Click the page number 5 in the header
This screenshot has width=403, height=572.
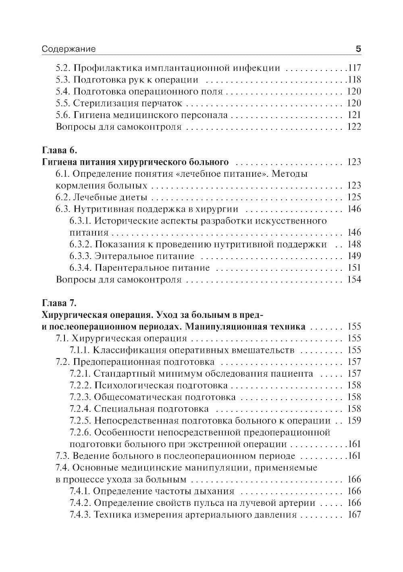[x=358, y=49]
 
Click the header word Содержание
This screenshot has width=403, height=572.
[x=69, y=49]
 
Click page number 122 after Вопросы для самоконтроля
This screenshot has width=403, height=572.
[x=353, y=127]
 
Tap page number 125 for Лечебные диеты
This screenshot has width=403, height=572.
[x=353, y=197]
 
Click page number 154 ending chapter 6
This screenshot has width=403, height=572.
[x=353, y=280]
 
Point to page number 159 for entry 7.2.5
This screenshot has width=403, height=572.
[x=353, y=421]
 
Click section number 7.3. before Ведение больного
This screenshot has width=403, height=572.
[x=63, y=456]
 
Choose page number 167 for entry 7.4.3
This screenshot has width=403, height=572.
[x=353, y=515]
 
